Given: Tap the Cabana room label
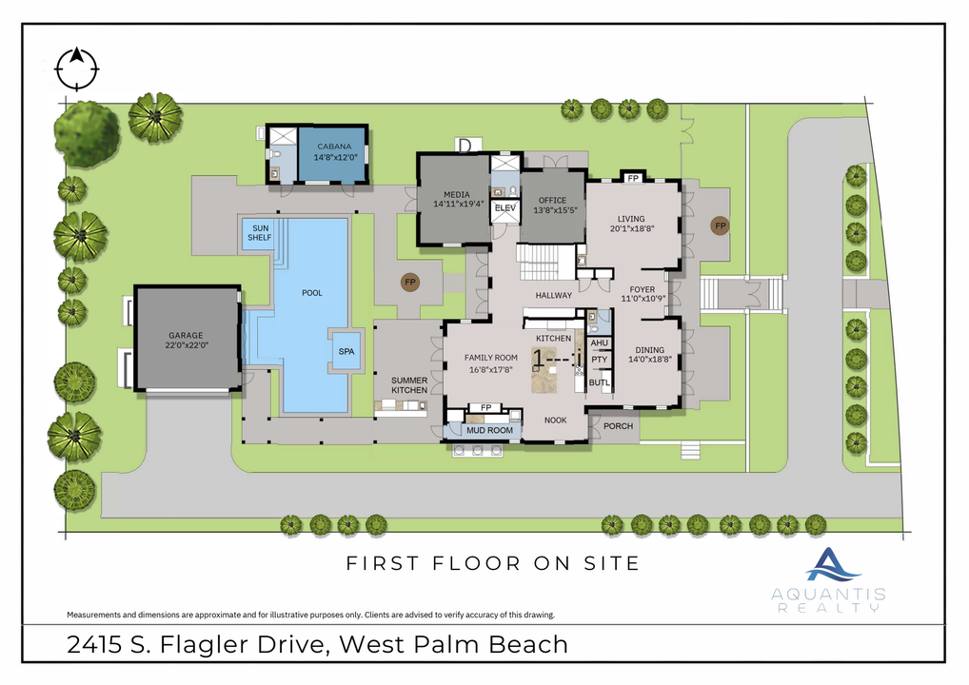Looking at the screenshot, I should [x=333, y=147].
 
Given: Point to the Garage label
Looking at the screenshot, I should [x=188, y=336].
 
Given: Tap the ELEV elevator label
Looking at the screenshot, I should [x=504, y=208].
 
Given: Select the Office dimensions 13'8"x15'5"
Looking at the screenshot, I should [x=552, y=212].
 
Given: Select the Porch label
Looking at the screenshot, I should [x=618, y=426].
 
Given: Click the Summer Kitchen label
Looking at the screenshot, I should [x=409, y=385].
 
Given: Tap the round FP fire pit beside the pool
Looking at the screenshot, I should [x=410, y=283].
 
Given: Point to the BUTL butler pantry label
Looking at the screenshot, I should [x=599, y=382].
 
